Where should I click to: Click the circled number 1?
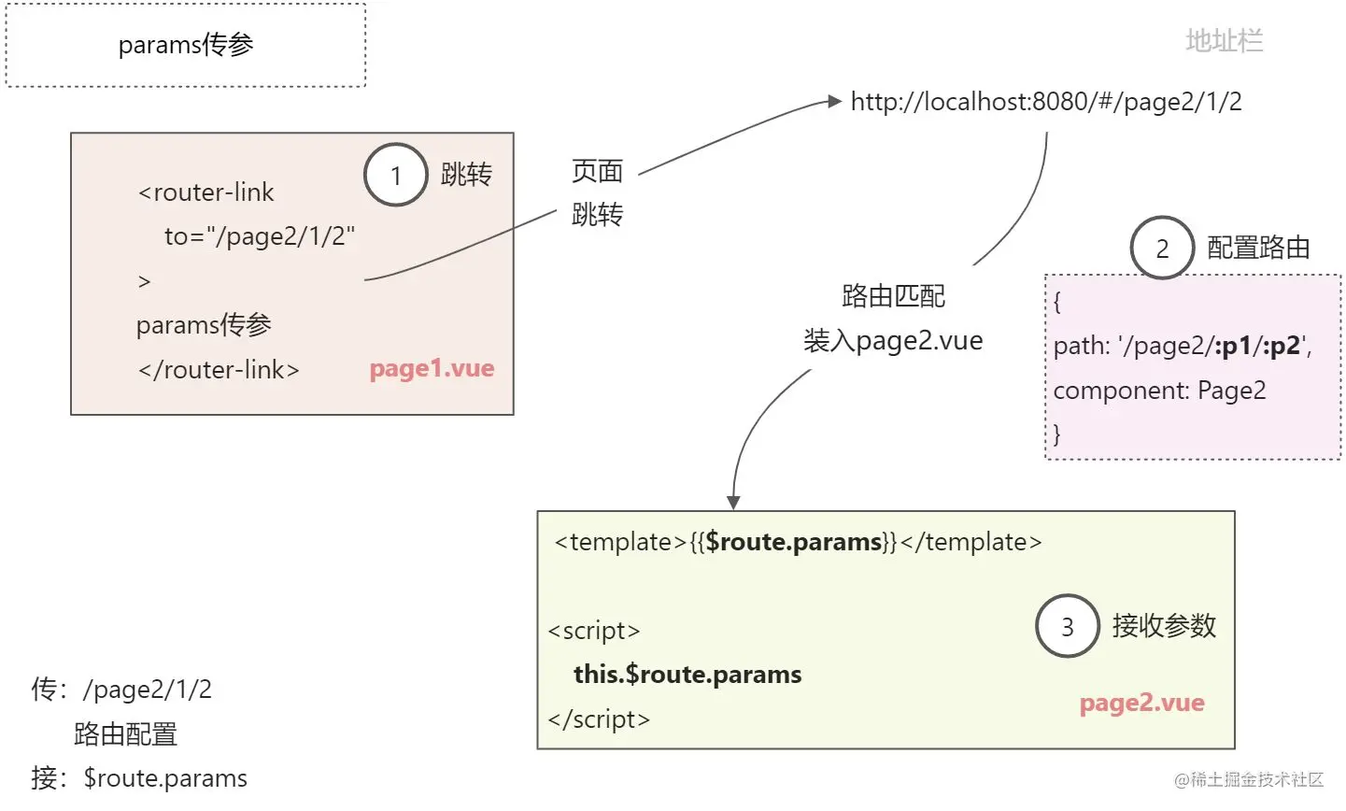click(x=396, y=175)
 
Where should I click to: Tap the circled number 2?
click(x=1162, y=249)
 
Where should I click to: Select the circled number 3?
click(x=1067, y=626)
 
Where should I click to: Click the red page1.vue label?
click(x=432, y=368)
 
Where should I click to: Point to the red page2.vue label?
click(x=1141, y=703)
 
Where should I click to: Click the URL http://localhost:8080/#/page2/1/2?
click(x=1046, y=102)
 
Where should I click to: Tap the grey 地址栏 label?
click(x=1224, y=41)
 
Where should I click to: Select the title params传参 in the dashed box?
click(x=186, y=45)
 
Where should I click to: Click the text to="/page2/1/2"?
click(x=260, y=236)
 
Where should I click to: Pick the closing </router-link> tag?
click(x=219, y=370)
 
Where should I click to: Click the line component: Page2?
click(x=1159, y=391)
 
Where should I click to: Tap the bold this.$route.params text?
click(x=687, y=675)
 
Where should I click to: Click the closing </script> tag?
click(x=599, y=719)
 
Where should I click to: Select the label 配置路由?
click(x=1258, y=248)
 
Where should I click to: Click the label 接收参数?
click(x=1164, y=626)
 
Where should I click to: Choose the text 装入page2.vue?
click(x=893, y=341)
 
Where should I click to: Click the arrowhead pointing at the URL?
click(x=835, y=102)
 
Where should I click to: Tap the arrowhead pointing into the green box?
click(x=733, y=503)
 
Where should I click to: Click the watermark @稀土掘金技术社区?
click(x=1249, y=779)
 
